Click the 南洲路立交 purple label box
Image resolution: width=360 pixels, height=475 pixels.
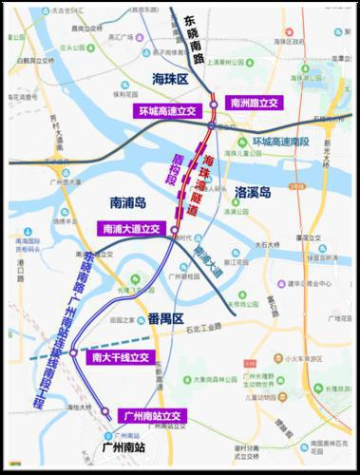[256, 102]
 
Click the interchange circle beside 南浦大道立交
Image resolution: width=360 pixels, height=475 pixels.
[171, 229]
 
